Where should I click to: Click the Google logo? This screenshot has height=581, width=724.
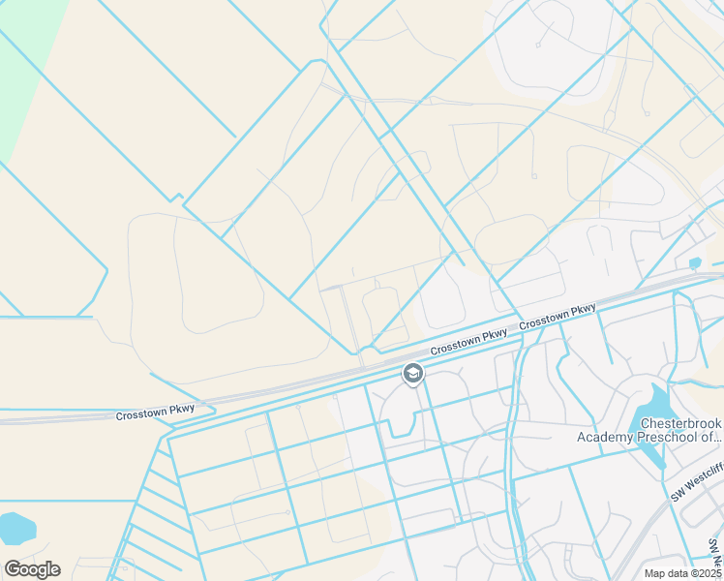(32, 569)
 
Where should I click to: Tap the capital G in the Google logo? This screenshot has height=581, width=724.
(13, 569)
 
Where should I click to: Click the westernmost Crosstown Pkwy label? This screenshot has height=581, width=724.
(155, 412)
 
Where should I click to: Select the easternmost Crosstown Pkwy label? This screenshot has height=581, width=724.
(558, 318)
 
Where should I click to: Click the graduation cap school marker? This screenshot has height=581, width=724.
(412, 374)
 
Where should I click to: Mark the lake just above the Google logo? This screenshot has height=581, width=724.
(16, 529)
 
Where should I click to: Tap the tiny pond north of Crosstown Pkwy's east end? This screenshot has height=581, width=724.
(695, 262)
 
